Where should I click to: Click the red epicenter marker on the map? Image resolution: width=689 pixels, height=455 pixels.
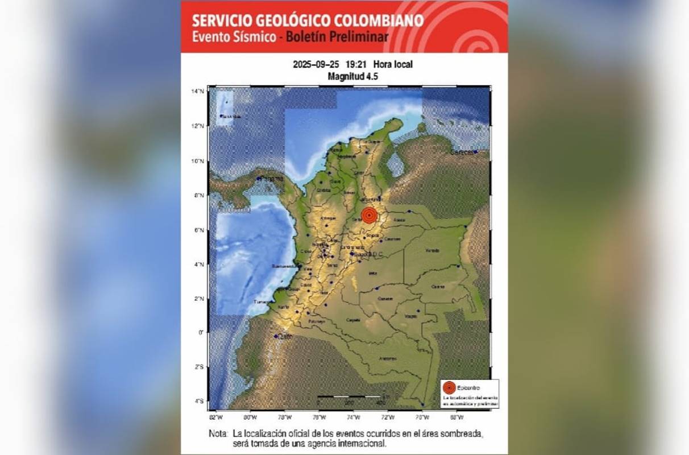click(370, 216)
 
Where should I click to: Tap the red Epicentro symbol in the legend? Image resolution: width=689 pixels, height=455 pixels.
click(449, 387)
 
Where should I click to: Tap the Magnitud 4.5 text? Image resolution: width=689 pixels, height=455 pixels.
click(353, 76)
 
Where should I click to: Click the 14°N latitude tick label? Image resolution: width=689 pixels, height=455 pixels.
click(198, 91)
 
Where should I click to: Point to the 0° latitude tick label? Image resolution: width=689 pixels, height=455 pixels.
click(201, 332)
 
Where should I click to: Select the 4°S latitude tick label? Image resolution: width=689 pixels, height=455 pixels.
click(198, 402)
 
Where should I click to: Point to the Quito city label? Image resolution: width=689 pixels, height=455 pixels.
click(285, 337)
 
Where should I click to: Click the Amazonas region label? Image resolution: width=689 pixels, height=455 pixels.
click(387, 358)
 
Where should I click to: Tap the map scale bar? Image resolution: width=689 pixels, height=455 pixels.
click(349, 396)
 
